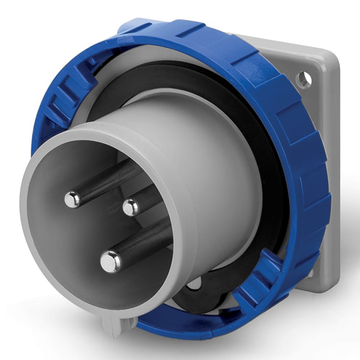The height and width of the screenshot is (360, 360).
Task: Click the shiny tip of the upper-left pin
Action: pos(72,199)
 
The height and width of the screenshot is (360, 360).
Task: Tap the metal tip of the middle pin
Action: pos(131,207)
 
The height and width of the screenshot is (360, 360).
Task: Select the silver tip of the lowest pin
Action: pos(110,261)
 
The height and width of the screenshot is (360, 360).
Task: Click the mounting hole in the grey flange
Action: pos(304,80)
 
